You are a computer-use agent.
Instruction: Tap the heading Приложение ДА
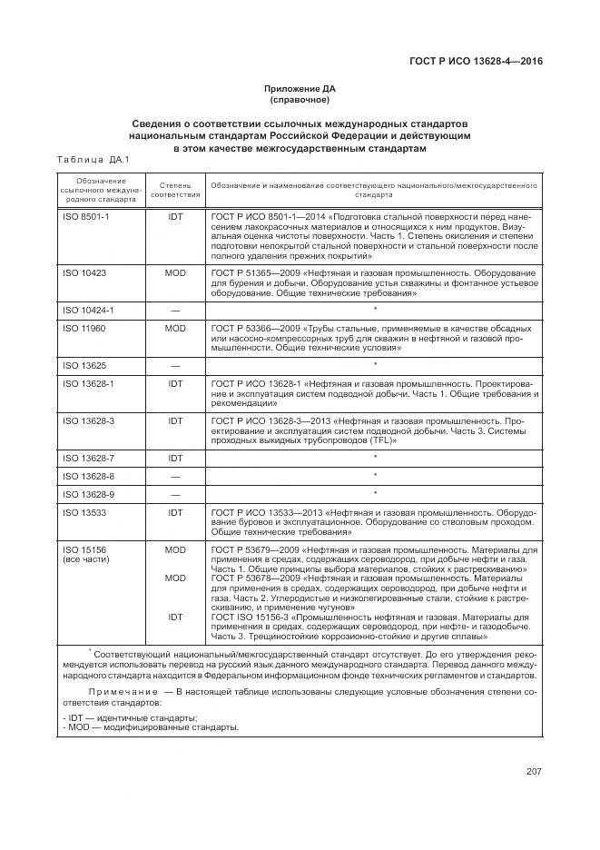tap(299, 89)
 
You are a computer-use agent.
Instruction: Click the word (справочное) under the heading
tap(299, 100)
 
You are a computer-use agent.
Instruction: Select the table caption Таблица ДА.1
tap(93, 160)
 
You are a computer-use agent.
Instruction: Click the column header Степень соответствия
tap(175, 190)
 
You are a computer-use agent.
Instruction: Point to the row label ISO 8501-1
tap(85, 218)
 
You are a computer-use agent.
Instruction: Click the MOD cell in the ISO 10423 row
tap(175, 272)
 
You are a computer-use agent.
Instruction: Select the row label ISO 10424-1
tap(88, 310)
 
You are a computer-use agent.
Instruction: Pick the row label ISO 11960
tap(84, 328)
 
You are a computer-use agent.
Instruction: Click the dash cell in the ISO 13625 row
tap(175, 365)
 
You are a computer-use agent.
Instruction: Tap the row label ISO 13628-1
tap(88, 383)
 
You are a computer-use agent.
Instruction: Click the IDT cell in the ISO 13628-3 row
tap(175, 420)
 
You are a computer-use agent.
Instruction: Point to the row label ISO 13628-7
tap(88, 458)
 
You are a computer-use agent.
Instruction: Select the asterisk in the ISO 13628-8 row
tap(375, 476)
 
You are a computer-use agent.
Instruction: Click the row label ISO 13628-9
tap(88, 494)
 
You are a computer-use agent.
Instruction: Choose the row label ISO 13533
tap(84, 512)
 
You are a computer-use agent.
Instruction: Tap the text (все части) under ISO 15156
tap(86, 559)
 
